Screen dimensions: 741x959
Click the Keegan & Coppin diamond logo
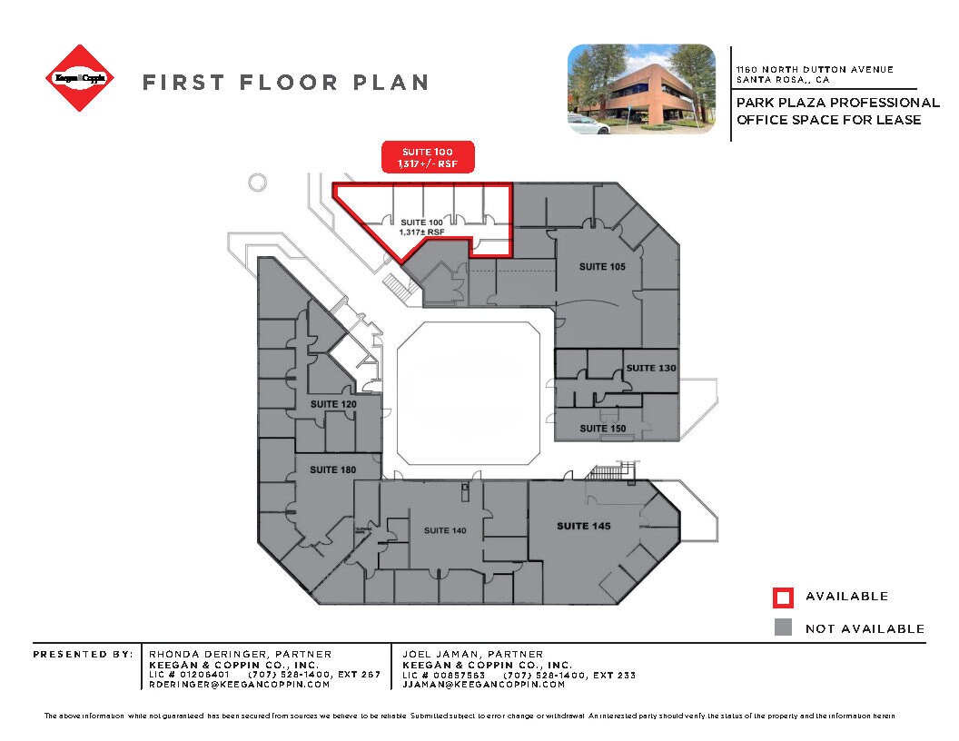(x=81, y=79)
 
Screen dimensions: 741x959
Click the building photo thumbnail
(x=641, y=89)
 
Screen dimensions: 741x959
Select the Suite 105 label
(x=603, y=267)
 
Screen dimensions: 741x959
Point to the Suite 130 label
(x=651, y=368)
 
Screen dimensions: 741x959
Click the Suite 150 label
(x=603, y=429)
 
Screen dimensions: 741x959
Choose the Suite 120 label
(x=333, y=404)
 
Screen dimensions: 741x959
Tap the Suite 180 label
(x=332, y=470)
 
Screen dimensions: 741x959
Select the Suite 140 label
(x=445, y=530)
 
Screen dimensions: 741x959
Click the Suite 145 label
(x=583, y=527)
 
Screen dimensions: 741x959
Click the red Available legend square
(x=783, y=597)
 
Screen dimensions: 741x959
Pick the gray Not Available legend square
(x=783, y=627)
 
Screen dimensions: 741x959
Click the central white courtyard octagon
(x=469, y=394)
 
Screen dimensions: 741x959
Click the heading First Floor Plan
(x=285, y=83)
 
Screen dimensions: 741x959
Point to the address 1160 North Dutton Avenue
(x=815, y=70)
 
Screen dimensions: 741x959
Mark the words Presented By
(x=81, y=654)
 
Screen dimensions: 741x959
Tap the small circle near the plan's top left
(x=257, y=182)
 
